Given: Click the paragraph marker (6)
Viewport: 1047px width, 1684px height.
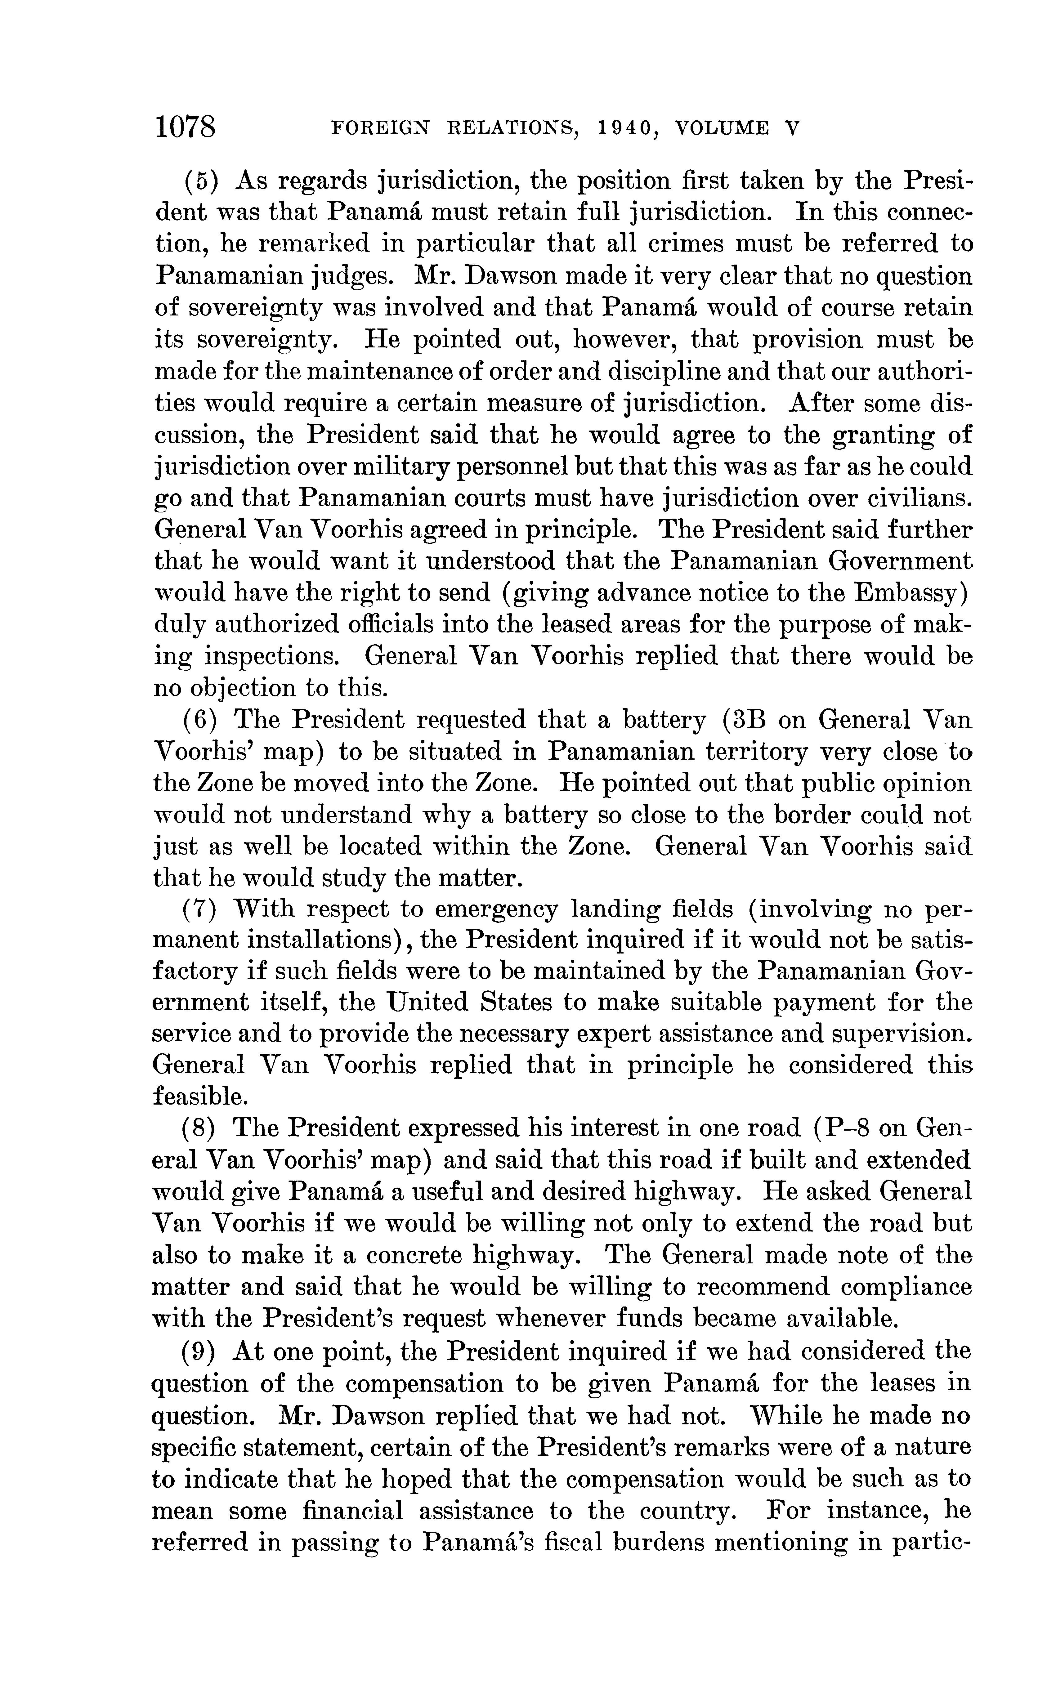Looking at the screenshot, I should click(201, 720).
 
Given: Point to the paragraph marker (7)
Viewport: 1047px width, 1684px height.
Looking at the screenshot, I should click(201, 909).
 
